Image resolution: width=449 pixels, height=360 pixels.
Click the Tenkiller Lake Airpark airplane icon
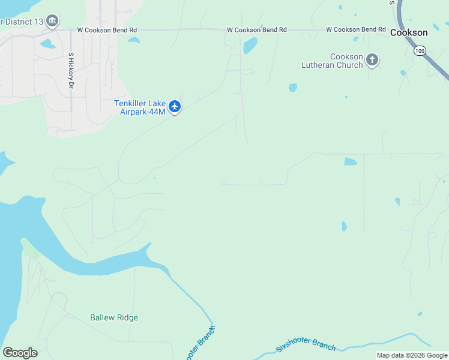click(x=175, y=107)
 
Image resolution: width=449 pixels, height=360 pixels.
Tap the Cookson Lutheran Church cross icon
click(x=372, y=59)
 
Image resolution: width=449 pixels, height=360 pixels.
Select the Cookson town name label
click(x=409, y=33)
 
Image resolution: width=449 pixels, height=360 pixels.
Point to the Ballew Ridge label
click(x=114, y=317)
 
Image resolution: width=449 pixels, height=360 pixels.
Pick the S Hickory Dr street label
click(x=71, y=71)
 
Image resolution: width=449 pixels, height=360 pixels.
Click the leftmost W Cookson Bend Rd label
click(x=107, y=29)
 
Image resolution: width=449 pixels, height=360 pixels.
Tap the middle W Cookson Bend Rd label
click(x=256, y=29)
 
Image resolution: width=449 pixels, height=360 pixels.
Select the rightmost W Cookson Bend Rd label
click(x=356, y=29)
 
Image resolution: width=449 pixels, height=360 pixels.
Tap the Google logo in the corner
click(x=19, y=353)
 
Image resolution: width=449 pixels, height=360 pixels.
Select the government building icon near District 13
click(x=52, y=22)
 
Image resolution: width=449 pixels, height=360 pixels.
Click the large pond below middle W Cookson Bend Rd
click(x=250, y=45)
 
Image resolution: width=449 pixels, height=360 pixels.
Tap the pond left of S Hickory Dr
click(x=47, y=44)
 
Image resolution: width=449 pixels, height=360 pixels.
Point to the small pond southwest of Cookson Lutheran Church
click(x=293, y=88)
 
